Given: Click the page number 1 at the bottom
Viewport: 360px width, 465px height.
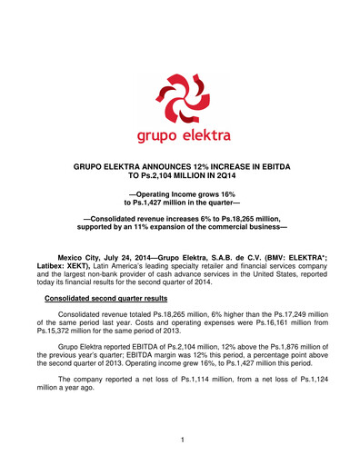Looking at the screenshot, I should (x=181, y=440).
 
